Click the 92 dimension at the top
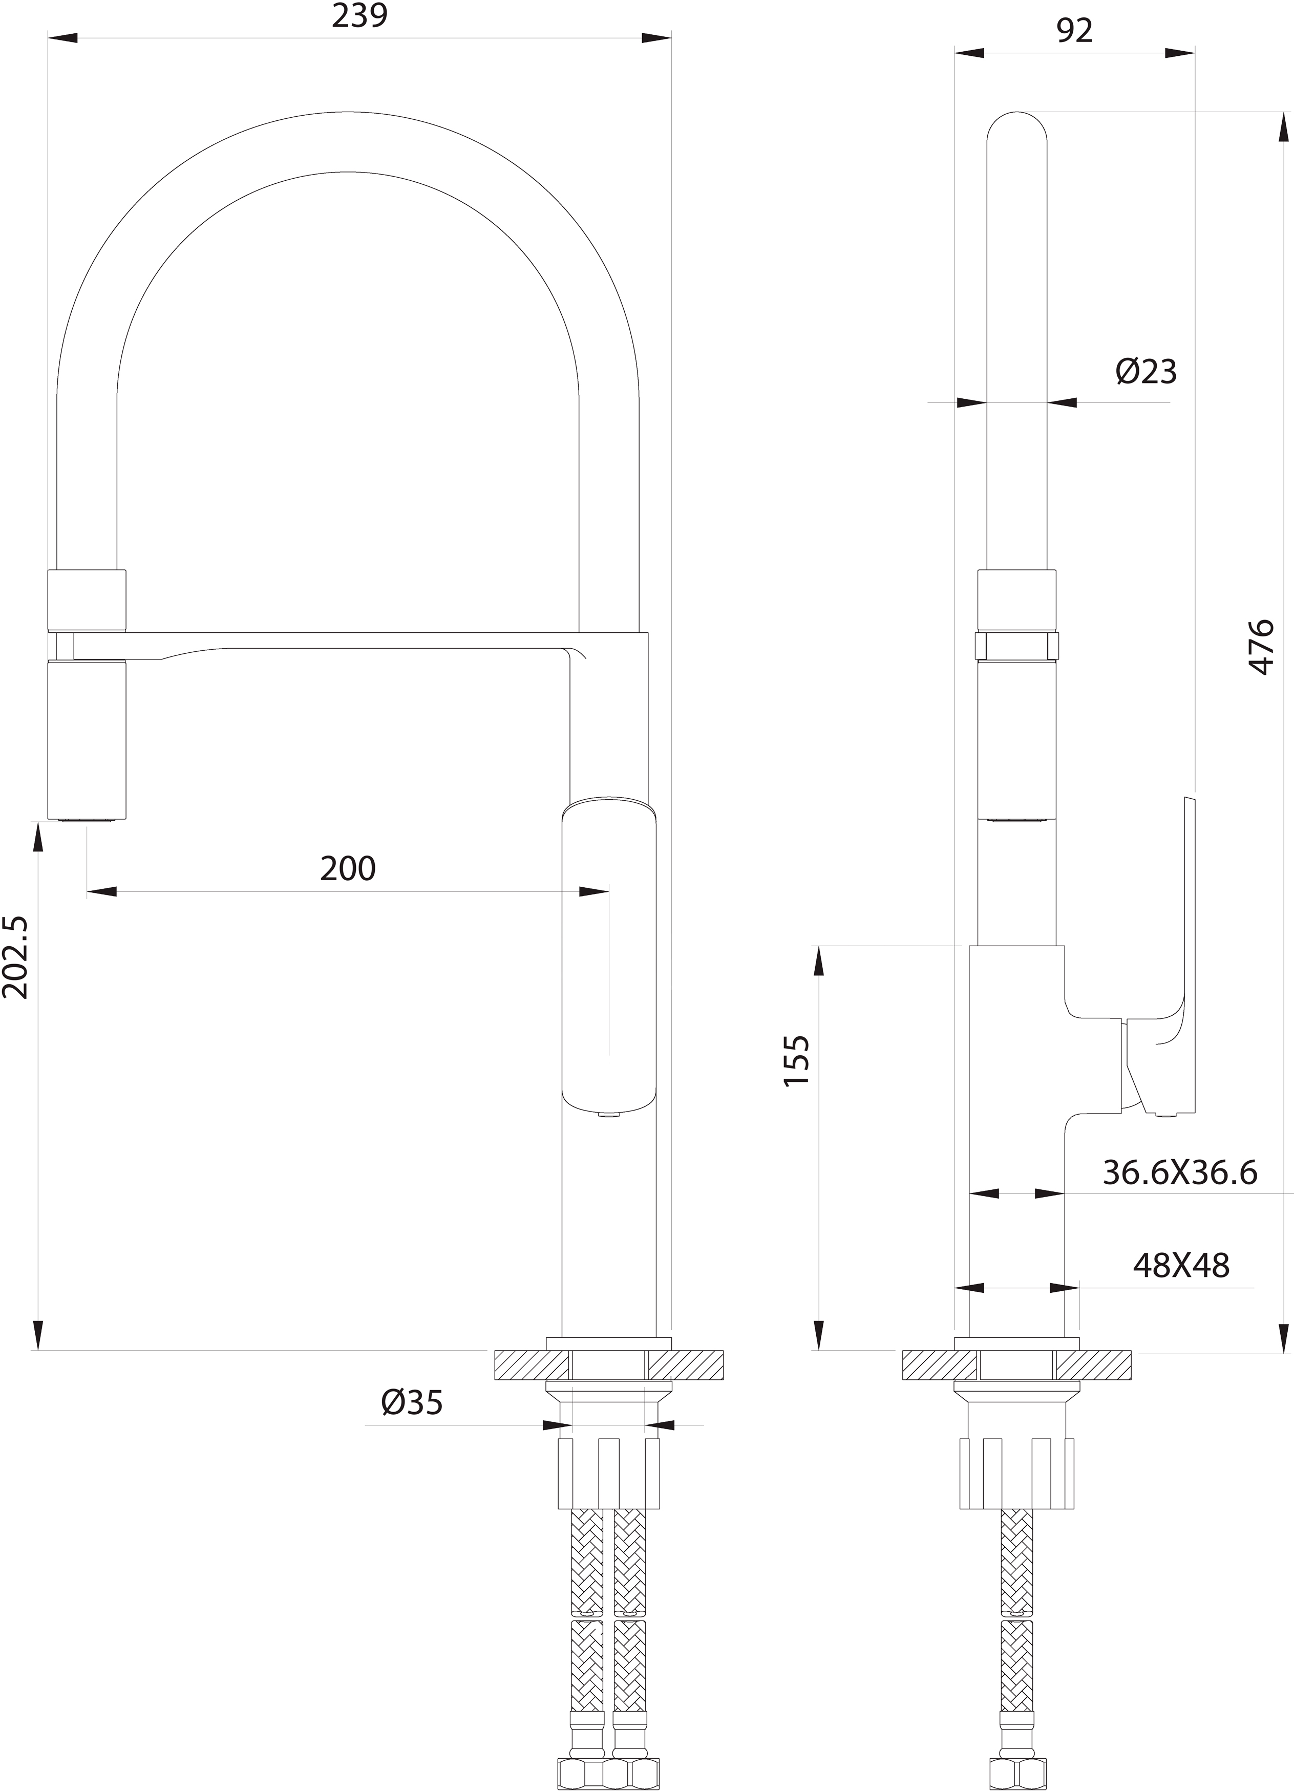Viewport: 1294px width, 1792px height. coord(1074,30)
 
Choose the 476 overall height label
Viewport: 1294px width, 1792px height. coord(1262,646)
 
